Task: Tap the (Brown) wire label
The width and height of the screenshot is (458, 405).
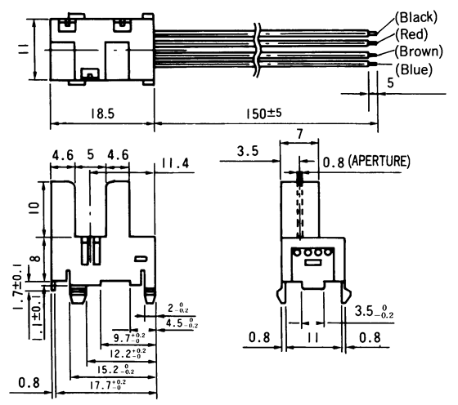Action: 421,52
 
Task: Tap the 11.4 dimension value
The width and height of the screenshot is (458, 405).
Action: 173,163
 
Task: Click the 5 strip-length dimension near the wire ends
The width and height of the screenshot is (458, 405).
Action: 390,82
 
